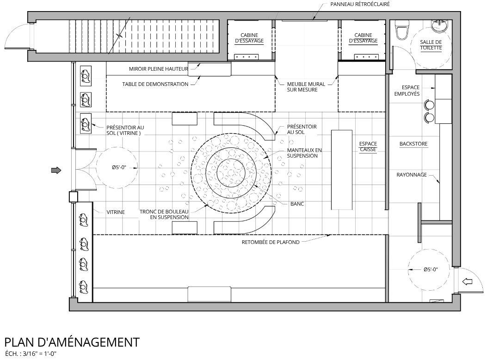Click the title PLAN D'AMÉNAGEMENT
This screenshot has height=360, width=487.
(x=72, y=342)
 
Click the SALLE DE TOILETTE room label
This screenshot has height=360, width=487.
(x=431, y=45)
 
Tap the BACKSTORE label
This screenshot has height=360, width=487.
(x=413, y=144)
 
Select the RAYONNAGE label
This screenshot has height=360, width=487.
(x=412, y=175)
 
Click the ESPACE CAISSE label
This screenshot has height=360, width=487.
(x=368, y=146)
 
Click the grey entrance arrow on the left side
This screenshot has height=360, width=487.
(x=56, y=171)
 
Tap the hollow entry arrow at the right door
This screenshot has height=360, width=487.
(x=468, y=281)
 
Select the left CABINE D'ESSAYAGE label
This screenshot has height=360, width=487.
(x=249, y=38)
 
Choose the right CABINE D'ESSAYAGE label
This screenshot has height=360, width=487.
(x=363, y=38)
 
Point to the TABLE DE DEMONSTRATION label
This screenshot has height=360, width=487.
(x=155, y=84)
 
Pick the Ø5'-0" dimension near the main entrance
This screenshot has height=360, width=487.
(x=119, y=168)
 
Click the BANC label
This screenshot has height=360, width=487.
(x=297, y=203)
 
